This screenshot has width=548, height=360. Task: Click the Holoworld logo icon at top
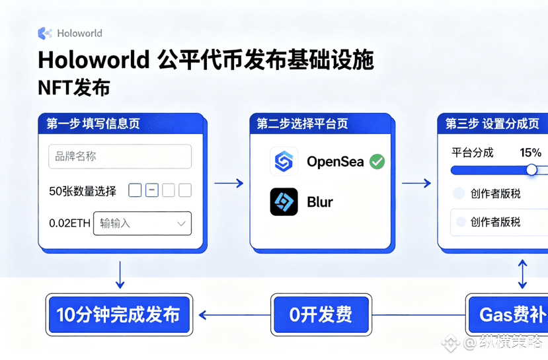(x=45, y=33)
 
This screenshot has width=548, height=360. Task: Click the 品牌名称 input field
(x=120, y=157)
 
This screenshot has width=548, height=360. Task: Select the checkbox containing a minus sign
(x=152, y=191)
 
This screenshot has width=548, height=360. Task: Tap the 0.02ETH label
(x=69, y=223)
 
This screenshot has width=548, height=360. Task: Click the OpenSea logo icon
(x=284, y=161)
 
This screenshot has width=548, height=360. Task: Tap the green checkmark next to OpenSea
(x=377, y=161)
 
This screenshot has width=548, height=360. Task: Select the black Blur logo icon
(x=284, y=201)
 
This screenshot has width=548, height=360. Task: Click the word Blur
(x=320, y=201)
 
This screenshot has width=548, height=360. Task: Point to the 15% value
(x=530, y=153)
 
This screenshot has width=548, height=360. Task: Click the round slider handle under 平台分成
(x=531, y=170)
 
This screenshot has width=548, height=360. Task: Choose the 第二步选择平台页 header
(x=302, y=124)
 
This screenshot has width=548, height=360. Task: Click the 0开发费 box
(x=321, y=314)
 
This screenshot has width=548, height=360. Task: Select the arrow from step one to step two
(x=229, y=184)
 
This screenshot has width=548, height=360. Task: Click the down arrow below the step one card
(x=120, y=275)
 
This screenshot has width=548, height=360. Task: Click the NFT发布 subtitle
(x=73, y=88)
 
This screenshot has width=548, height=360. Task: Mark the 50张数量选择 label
(x=83, y=191)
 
